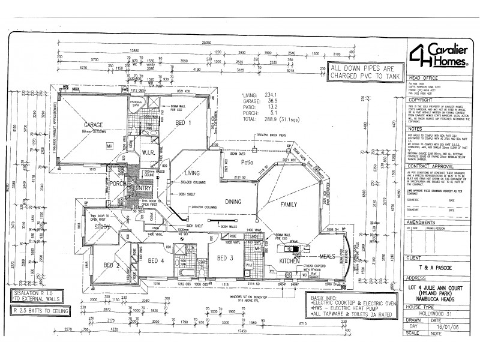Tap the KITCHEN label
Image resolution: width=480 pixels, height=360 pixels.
coord(289,262)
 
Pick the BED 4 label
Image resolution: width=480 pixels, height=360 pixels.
coord(156,260)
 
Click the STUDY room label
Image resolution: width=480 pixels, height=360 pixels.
coord(101,227)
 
